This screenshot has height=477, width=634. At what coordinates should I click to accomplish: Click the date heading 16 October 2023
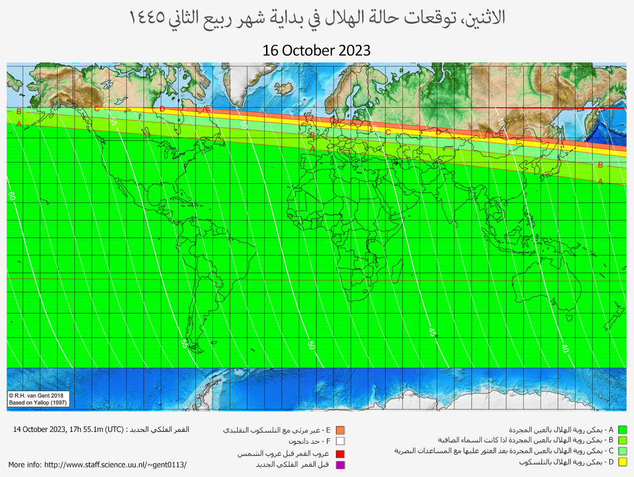pos(317,51)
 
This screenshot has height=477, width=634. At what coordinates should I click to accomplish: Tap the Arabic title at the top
pos(317,18)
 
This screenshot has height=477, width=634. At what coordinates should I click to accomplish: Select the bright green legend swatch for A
pos(622,430)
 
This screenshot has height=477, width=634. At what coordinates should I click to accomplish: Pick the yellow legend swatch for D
pos(622,462)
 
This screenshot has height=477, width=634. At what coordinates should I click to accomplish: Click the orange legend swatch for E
pos(340,430)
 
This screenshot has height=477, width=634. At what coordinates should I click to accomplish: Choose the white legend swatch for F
pos(340,441)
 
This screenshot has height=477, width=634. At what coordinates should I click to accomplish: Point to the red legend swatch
pos(340,454)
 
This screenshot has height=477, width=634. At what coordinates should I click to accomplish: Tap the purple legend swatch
pos(340,465)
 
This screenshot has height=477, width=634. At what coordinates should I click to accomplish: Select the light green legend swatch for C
pos(622,451)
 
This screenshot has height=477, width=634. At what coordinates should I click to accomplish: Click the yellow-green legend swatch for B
pos(622,440)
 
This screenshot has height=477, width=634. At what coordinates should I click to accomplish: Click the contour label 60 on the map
pos(12,196)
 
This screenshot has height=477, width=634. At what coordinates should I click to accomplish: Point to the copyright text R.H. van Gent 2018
pos(36,395)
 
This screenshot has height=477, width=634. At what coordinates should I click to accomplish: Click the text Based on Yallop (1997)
pos(38,403)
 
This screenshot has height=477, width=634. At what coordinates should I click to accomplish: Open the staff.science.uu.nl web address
pos(115,465)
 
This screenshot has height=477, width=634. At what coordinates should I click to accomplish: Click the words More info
pos(24,465)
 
